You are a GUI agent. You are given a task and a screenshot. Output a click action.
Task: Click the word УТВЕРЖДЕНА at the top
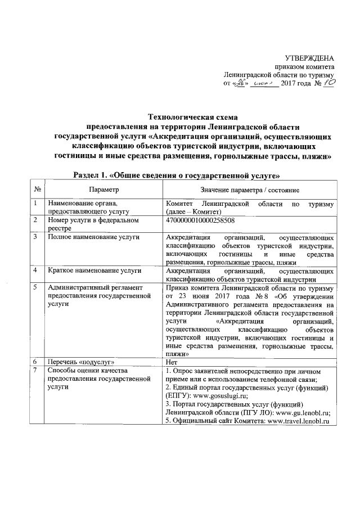tap(310, 58)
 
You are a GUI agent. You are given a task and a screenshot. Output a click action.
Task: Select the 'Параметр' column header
tap(103, 191)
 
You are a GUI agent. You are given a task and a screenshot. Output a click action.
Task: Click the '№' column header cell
tap(37, 191)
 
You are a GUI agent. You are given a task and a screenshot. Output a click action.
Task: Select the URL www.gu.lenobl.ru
tap(300, 412)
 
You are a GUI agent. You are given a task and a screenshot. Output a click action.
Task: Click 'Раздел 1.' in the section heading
tap(94, 174)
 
